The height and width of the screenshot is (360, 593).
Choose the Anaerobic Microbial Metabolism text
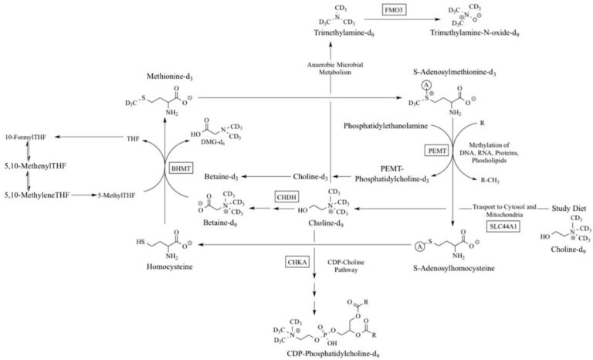click(330, 68)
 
